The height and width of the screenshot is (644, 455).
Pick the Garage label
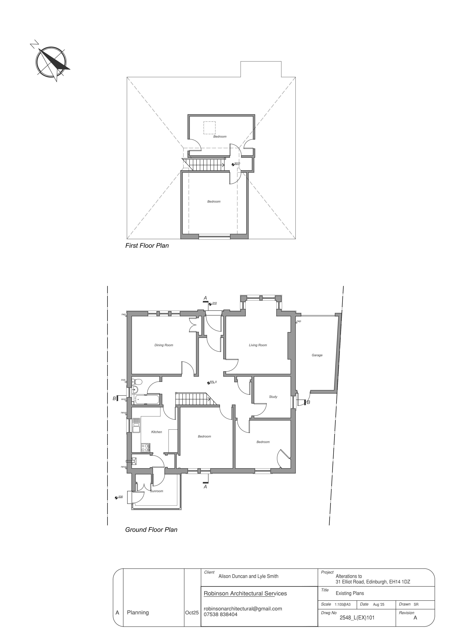coord(317,355)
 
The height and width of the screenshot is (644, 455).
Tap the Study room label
coord(273,397)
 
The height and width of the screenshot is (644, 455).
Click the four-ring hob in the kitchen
coord(145,448)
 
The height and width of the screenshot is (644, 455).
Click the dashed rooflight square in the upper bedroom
coord(209,128)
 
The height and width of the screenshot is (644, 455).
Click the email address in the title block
coord(243,609)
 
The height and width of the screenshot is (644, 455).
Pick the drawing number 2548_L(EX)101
coord(357,617)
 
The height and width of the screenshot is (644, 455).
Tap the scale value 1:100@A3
coord(342,604)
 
